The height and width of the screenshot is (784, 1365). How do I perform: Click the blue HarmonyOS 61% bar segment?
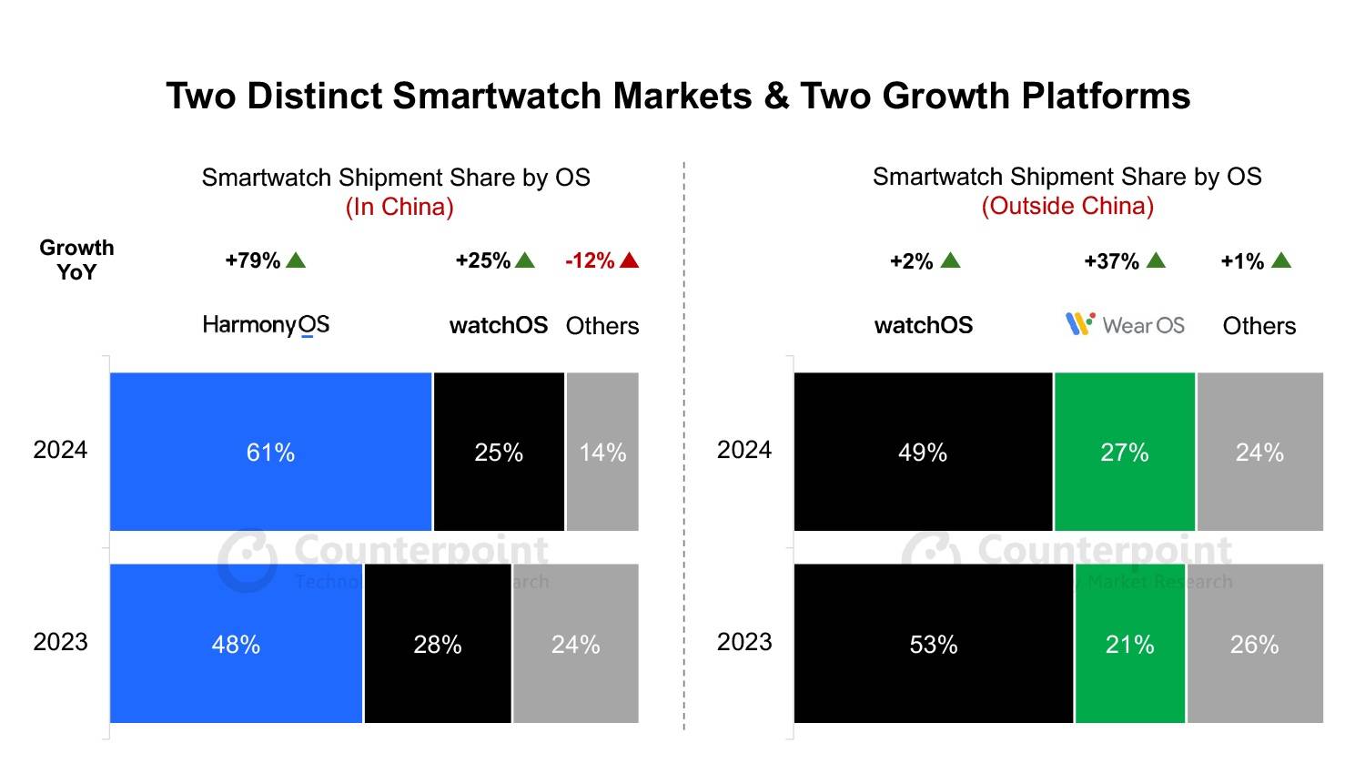click(x=270, y=452)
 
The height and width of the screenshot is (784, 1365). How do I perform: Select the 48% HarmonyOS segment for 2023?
click(x=236, y=644)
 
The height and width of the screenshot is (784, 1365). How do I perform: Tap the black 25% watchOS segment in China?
click(x=499, y=452)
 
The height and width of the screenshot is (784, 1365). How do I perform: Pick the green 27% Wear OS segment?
click(x=1125, y=452)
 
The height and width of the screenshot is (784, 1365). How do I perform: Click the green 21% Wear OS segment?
click(x=1129, y=644)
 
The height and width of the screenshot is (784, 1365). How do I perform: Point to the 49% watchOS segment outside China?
click(x=923, y=452)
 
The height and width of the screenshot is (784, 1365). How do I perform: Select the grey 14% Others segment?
click(x=602, y=452)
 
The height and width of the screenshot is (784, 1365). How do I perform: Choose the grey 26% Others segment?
click(x=1255, y=644)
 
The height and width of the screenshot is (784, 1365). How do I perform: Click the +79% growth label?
click(x=253, y=260)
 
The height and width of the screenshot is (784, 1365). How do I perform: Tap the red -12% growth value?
click(x=590, y=260)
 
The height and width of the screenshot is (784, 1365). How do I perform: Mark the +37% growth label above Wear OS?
click(x=1111, y=261)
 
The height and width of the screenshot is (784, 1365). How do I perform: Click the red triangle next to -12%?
click(x=629, y=260)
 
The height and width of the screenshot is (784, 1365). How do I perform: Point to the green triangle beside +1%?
click(x=1281, y=260)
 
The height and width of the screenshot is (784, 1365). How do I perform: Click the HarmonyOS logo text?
click(x=266, y=325)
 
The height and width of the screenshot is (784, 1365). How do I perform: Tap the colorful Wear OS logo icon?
click(x=1079, y=323)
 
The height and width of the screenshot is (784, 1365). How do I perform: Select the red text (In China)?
click(x=399, y=207)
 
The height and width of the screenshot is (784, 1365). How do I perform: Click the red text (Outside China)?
click(x=1067, y=206)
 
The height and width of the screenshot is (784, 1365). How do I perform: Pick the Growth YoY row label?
click(x=76, y=260)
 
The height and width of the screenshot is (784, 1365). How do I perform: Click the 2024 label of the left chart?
click(x=60, y=450)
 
